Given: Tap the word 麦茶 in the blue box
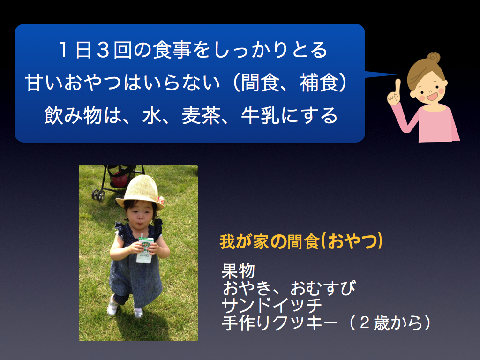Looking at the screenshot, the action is click(201, 116).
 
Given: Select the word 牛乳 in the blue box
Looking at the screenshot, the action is click(260, 116).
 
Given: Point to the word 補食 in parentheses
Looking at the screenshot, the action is click(319, 82).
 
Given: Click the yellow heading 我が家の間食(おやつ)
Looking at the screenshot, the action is click(301, 241).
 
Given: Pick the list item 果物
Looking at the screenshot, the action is click(238, 270).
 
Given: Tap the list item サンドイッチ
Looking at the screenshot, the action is click(271, 305).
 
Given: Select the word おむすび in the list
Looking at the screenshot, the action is click(323, 288).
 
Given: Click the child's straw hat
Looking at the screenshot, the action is click(140, 192).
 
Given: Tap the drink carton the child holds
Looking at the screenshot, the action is click(145, 249).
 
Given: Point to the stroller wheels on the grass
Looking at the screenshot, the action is click(98, 195).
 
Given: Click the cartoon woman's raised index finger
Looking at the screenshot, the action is click(397, 87).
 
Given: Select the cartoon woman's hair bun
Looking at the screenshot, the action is click(434, 58).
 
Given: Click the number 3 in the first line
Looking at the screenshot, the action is click(103, 50).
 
